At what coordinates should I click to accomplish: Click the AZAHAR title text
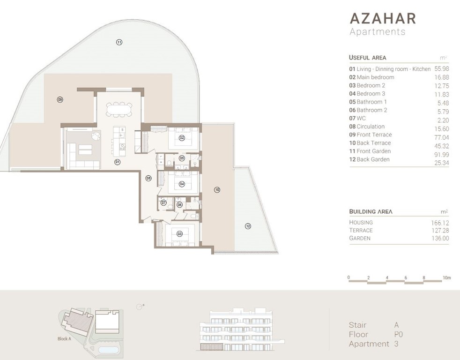(383, 18)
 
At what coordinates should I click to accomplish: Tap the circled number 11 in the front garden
(119, 43)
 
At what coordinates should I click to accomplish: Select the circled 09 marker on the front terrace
(60, 99)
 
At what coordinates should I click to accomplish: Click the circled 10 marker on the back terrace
(217, 190)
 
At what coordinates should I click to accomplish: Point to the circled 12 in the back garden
(248, 226)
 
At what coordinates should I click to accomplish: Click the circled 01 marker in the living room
(117, 162)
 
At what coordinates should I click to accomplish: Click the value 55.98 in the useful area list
(441, 69)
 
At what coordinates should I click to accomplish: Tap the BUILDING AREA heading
(371, 211)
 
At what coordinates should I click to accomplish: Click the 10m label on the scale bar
(446, 278)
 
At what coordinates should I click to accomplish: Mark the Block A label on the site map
(64, 339)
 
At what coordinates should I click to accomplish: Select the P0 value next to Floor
(399, 335)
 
